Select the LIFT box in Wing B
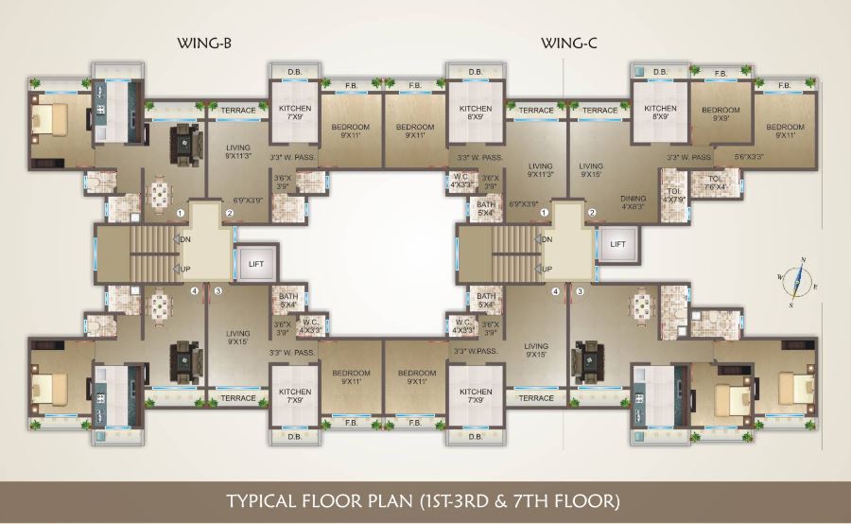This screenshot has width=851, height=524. [x=255, y=262]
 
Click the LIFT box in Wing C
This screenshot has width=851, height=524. [x=617, y=243]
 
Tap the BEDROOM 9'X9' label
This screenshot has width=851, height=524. [x=720, y=114]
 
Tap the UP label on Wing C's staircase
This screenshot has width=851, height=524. [x=547, y=270]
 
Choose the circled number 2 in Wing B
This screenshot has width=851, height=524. [x=229, y=213]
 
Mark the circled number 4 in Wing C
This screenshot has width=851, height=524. [x=556, y=291]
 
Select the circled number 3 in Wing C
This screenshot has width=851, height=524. [x=580, y=291]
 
